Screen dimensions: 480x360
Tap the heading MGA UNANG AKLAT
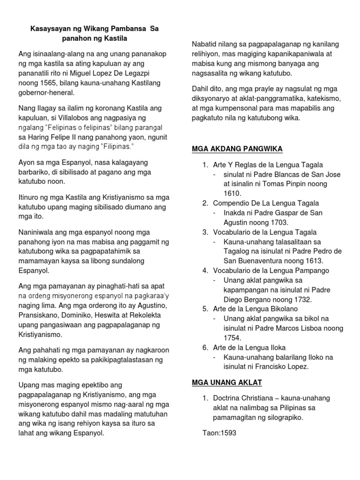tap(227, 382)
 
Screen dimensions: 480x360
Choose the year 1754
tap(232, 337)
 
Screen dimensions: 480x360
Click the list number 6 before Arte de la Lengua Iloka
tap(205, 347)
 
